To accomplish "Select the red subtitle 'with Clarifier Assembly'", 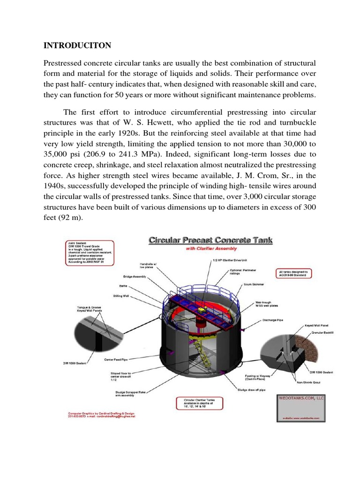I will tap(211, 249).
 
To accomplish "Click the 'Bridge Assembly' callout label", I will tap(135, 277).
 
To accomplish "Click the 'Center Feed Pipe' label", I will tap(116, 360).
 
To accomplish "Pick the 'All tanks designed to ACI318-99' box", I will tap(298, 273).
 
